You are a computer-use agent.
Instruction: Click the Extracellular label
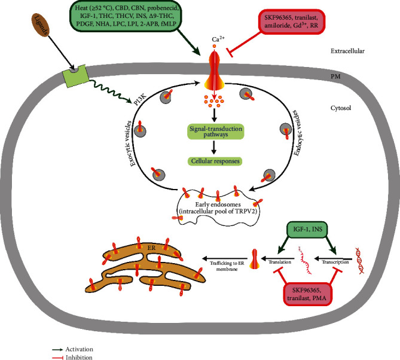tap(359, 52)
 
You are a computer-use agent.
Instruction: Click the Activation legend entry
tap(77, 347)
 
